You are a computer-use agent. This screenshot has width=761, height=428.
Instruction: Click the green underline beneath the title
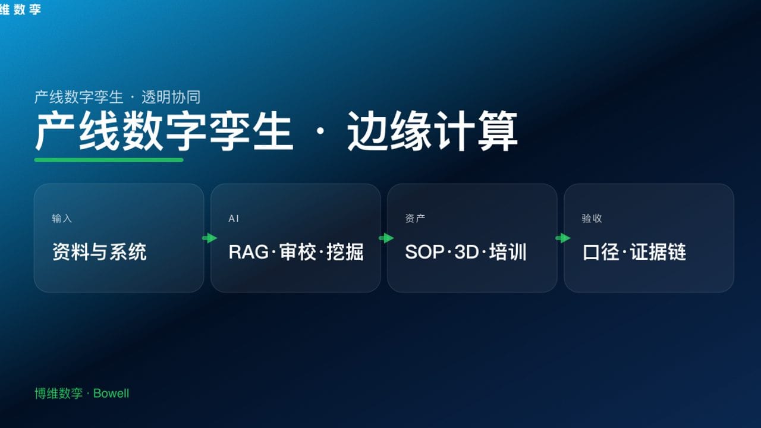point(109,159)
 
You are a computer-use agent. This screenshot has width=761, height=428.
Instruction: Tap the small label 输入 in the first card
point(62,219)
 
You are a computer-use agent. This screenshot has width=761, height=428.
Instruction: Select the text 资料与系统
point(99,252)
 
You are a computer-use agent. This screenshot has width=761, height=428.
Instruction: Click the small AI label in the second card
point(234,219)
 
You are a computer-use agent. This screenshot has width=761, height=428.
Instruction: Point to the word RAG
point(249,252)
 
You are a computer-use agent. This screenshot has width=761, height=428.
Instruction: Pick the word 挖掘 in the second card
point(345,252)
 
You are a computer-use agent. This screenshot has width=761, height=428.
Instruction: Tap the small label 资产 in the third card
point(415,219)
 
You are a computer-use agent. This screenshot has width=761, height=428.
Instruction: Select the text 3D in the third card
point(466,252)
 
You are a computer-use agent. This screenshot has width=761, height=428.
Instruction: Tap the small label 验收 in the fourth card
point(592,219)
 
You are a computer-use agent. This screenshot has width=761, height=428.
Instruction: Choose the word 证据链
point(658,252)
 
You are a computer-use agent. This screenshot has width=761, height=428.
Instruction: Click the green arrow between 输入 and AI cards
point(209,238)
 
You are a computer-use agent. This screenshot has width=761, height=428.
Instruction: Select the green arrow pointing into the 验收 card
point(562,238)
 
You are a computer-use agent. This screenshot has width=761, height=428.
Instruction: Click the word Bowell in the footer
point(111,394)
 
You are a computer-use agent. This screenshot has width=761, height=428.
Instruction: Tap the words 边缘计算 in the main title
point(432,132)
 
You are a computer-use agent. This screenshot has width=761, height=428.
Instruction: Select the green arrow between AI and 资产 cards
point(386,238)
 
